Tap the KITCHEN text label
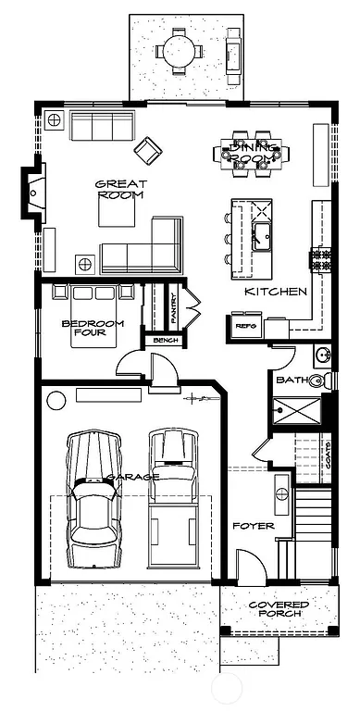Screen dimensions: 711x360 (275, 292)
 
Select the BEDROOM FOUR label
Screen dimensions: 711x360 (87, 329)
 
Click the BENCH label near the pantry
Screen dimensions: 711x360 (166, 341)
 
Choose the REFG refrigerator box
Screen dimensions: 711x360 (245, 326)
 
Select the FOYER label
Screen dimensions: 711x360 (253, 525)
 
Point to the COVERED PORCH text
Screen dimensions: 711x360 (279, 609)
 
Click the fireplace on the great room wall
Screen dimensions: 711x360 (32, 193)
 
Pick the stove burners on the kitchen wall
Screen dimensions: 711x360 (323, 260)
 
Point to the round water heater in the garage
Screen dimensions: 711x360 (57, 401)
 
